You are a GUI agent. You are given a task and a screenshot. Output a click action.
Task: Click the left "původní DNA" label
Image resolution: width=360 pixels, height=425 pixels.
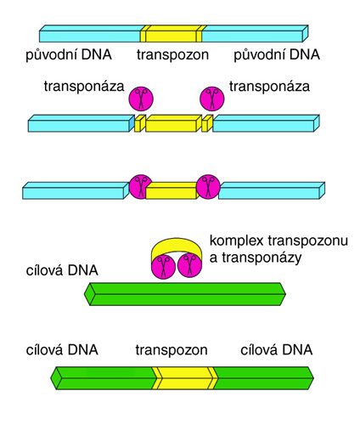[69, 54]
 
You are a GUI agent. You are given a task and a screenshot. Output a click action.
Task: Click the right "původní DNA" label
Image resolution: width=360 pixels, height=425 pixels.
[277, 54]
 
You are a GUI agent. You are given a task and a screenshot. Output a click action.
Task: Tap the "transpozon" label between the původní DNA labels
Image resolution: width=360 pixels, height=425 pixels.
[172, 54]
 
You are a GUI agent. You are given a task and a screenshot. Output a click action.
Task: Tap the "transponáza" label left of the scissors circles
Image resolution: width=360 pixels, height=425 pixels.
[84, 86]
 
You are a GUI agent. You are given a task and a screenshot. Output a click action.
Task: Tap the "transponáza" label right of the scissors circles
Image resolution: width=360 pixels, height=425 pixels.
[269, 86]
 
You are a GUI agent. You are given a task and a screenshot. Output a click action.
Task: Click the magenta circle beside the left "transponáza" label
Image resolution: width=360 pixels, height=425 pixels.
[141, 99]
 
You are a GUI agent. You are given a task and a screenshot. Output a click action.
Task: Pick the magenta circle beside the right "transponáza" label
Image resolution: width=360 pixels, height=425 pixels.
[212, 99]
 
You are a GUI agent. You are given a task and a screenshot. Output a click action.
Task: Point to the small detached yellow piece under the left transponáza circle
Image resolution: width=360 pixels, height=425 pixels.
[140, 123]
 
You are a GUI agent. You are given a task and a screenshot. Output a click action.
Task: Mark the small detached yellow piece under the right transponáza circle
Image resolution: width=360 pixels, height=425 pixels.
[207, 123]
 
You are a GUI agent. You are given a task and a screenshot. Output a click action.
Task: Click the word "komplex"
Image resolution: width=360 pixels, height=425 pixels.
[236, 241]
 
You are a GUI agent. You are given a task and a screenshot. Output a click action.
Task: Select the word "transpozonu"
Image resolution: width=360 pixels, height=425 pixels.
[308, 241]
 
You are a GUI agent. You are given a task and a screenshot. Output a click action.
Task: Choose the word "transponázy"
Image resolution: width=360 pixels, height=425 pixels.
[262, 258]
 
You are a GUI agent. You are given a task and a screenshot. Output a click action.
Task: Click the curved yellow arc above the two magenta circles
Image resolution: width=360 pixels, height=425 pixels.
[177, 246]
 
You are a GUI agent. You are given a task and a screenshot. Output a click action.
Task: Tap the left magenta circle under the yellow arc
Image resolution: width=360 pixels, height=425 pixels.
[163, 266]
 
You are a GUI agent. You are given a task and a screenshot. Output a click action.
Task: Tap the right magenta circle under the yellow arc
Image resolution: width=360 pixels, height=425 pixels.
[189, 266]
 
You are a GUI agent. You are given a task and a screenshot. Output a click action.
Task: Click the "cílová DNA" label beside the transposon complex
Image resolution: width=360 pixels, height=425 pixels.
[62, 270]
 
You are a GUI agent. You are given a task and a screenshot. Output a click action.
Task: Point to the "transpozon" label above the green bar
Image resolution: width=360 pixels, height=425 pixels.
[172, 350]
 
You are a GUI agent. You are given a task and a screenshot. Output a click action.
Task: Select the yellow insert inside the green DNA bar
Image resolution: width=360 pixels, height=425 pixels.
[185, 378]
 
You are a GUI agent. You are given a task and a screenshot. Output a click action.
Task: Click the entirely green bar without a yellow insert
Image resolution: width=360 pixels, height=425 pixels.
[185, 294]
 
